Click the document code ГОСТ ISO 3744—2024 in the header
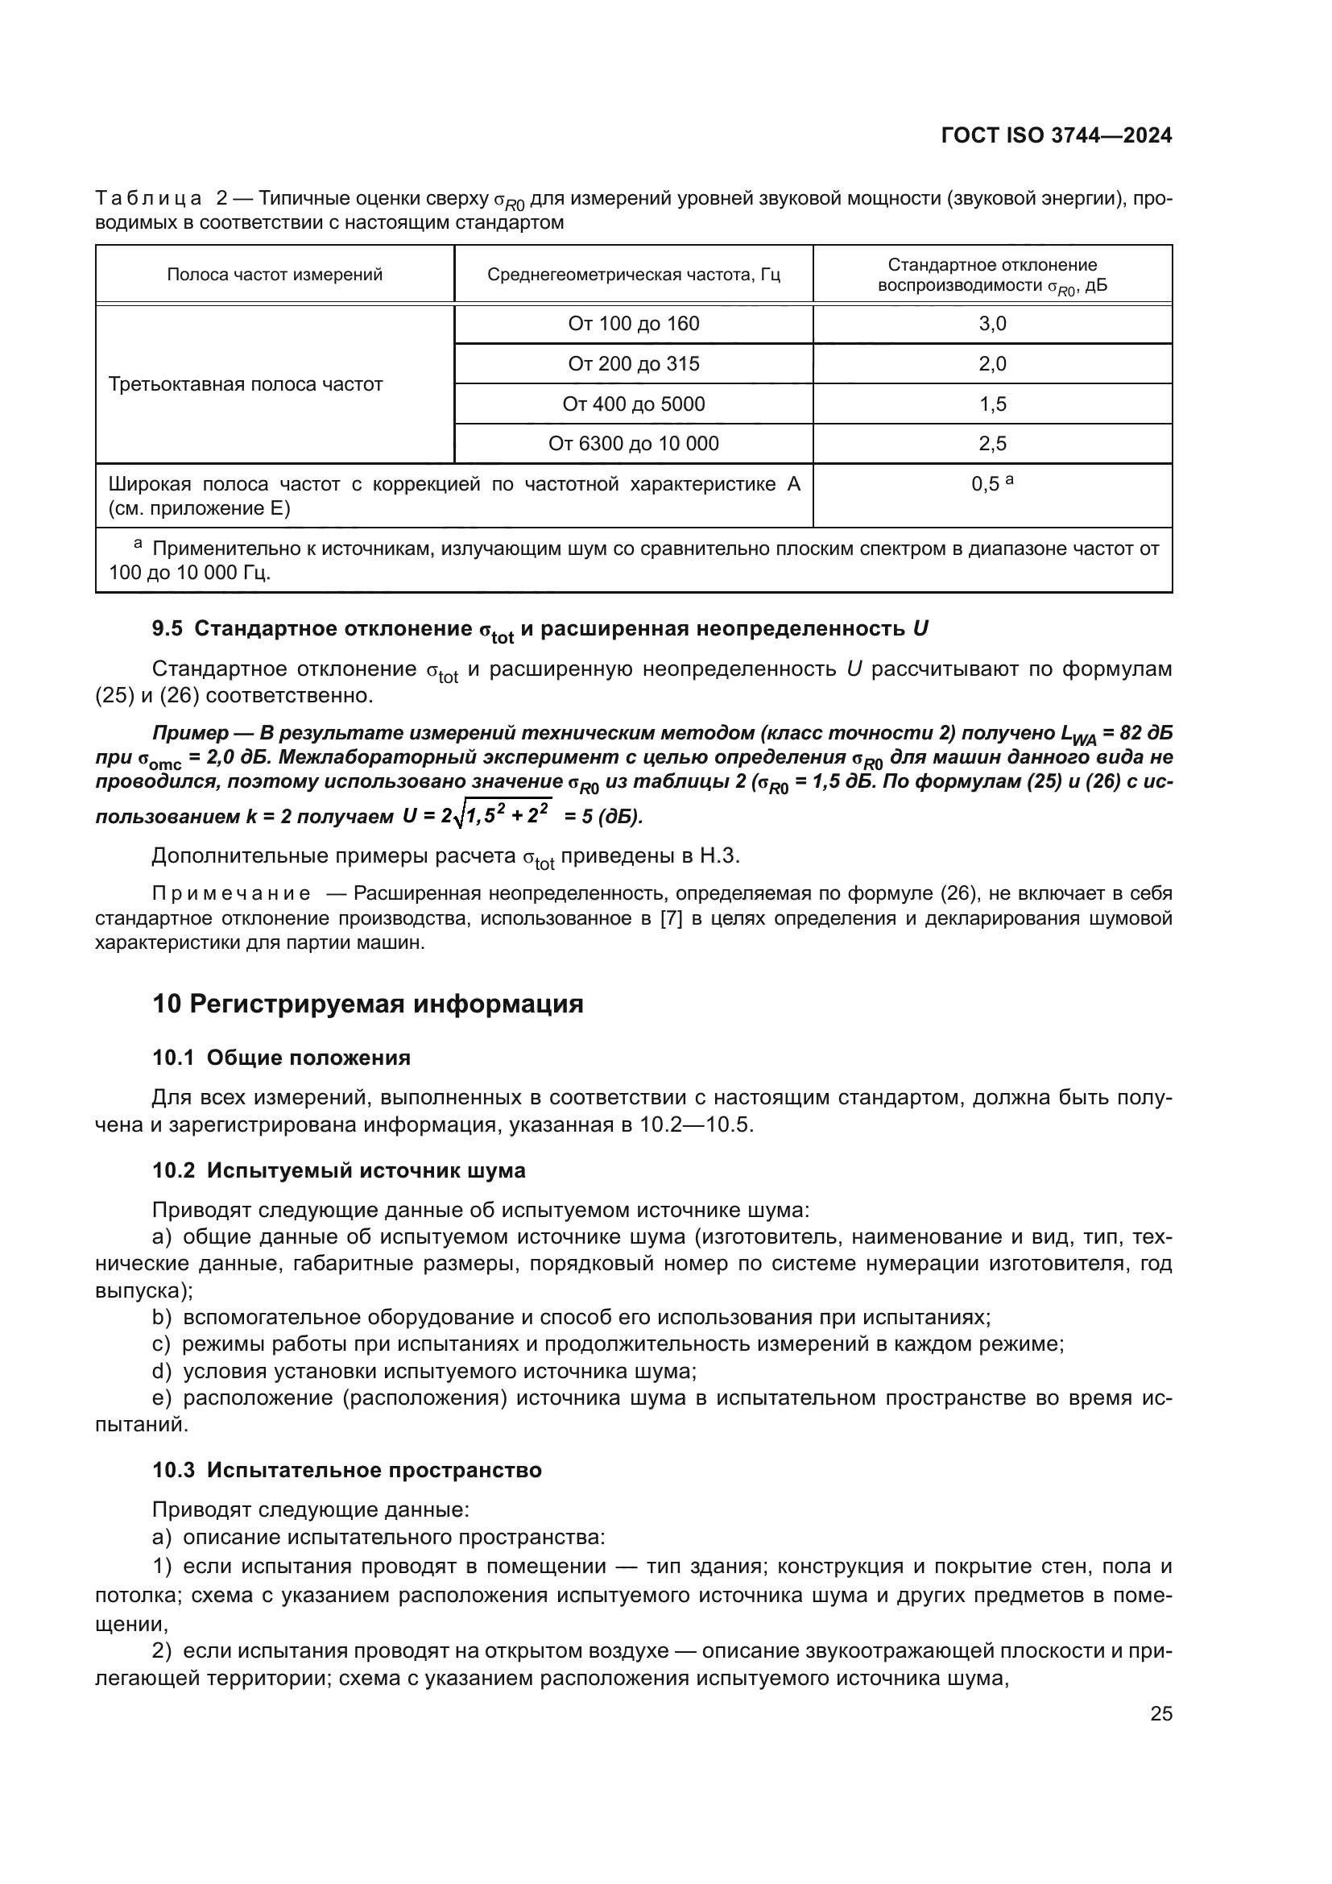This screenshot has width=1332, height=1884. point(1056,136)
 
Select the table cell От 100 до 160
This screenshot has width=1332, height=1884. point(633,323)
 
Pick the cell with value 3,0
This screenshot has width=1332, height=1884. point(991,323)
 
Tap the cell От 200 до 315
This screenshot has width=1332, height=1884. point(633,363)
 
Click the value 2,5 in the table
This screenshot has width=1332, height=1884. point(991,444)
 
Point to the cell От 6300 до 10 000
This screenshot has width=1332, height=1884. point(633,444)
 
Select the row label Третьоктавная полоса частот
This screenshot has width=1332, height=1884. point(246,384)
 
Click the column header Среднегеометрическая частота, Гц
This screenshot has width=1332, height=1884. point(633,275)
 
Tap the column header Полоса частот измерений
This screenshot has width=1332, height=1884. point(275,275)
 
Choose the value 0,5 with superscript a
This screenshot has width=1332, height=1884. point(991,484)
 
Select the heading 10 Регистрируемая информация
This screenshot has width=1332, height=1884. point(367,1004)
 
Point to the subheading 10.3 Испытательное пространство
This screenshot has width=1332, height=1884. point(347,1470)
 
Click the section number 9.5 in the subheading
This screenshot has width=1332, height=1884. point(168,629)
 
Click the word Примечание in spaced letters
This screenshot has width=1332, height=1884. point(230,892)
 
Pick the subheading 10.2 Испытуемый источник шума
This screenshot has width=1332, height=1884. point(339,1170)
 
